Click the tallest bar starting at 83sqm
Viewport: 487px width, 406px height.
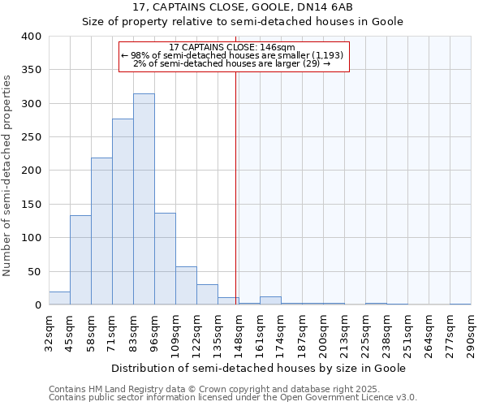(x=144, y=199)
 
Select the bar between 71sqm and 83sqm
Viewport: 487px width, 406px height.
(x=123, y=212)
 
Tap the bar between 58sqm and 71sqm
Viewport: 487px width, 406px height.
(x=101, y=231)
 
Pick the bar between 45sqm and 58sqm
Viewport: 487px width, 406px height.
(x=80, y=260)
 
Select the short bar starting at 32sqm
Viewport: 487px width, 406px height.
(x=59, y=298)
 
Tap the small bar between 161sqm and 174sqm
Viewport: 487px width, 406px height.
(x=270, y=300)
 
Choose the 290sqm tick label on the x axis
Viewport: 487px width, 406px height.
(x=471, y=334)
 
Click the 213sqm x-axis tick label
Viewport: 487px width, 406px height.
(x=344, y=334)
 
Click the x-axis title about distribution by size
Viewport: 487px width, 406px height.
(x=258, y=368)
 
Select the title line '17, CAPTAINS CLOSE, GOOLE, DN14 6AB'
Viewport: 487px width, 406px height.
(x=242, y=7)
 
